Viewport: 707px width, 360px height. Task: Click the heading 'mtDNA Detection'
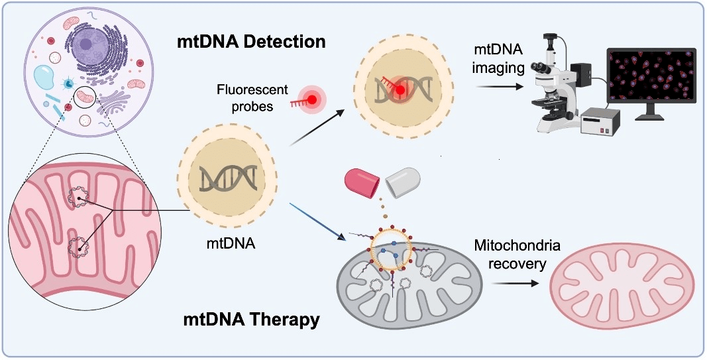click(251, 42)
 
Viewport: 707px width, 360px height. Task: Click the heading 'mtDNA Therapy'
click(251, 320)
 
